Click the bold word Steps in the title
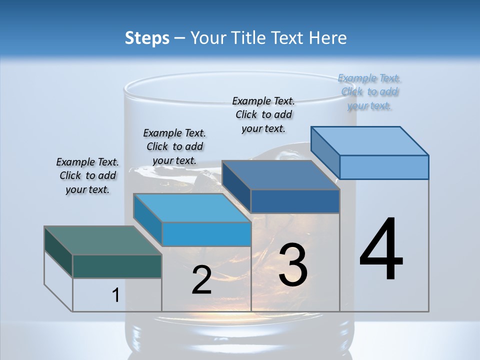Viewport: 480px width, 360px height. [147, 38]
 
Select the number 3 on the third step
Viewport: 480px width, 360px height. [293, 265]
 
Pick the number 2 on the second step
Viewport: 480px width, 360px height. [201, 280]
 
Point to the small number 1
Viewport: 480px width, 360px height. [115, 295]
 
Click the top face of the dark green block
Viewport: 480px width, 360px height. [102, 240]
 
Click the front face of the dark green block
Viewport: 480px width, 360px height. [117, 266]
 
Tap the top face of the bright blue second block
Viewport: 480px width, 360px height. [192, 208]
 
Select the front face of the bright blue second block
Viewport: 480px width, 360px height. [206, 234]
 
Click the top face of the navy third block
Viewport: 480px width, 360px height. [280, 175]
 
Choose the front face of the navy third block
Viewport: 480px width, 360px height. [295, 201]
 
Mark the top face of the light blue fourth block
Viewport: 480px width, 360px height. [369, 141]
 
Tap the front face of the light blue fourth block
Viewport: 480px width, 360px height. [384, 167]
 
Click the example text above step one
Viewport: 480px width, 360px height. [87, 175]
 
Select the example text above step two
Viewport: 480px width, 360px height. [174, 146]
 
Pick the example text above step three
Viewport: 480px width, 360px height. [263, 114]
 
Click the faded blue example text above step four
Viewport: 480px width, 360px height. [369, 91]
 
